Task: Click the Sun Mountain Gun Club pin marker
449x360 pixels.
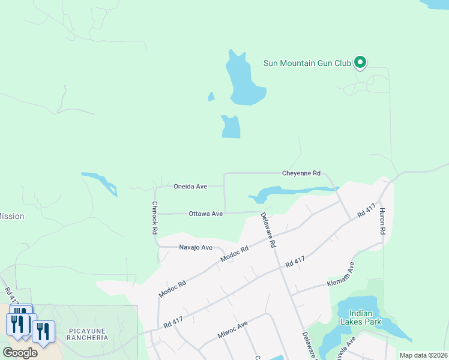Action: (x=360, y=62)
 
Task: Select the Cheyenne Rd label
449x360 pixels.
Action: (x=301, y=173)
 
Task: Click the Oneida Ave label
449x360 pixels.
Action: (x=190, y=187)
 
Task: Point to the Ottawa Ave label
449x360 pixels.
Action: (x=205, y=214)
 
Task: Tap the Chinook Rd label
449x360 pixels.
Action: (x=154, y=217)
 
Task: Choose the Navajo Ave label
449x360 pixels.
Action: (x=196, y=247)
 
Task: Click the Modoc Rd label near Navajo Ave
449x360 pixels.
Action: (x=234, y=254)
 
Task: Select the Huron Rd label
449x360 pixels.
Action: (x=382, y=221)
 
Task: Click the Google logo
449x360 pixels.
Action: (x=20, y=353)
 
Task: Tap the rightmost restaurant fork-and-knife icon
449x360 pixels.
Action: (x=43, y=331)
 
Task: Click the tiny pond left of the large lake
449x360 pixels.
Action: (x=211, y=96)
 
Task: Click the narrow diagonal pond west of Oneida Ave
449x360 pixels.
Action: (x=100, y=182)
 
